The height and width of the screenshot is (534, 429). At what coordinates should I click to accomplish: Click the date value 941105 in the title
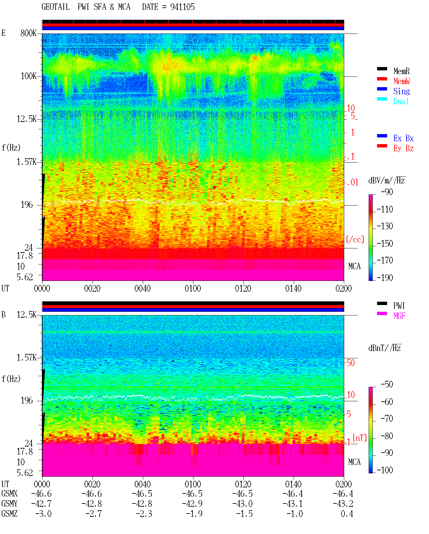point(182,7)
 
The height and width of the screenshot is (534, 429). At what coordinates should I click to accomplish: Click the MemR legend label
point(402,71)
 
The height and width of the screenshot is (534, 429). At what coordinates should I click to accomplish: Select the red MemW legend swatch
point(382,79)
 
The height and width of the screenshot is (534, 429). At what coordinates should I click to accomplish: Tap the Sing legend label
point(402,91)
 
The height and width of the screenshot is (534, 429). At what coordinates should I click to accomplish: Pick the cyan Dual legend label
point(401,101)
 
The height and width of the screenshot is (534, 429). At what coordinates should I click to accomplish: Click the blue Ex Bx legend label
point(404,138)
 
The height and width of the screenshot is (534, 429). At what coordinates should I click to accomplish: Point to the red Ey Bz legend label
point(404,149)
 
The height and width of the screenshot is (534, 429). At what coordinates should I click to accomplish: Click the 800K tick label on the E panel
point(28,33)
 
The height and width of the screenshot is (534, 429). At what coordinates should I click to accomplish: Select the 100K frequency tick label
point(28,76)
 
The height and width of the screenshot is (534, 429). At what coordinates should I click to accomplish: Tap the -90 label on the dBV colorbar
point(387,192)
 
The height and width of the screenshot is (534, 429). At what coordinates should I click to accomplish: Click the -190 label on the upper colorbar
point(385,278)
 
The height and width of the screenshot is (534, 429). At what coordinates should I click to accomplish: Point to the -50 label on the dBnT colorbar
point(387,384)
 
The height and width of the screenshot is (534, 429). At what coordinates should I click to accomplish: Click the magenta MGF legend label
point(399,316)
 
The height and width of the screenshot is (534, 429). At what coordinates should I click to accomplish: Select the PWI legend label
point(399,306)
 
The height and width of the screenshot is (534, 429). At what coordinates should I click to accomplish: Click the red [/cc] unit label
point(355,239)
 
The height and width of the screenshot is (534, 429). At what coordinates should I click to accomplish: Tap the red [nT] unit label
point(360,438)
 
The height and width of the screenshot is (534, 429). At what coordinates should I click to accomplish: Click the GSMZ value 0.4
point(347,514)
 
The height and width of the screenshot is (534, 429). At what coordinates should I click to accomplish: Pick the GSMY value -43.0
point(242,504)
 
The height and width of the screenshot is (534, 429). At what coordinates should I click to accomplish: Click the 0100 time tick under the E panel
point(193,288)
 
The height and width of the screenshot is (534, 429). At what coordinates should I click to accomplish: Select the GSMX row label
point(9,493)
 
